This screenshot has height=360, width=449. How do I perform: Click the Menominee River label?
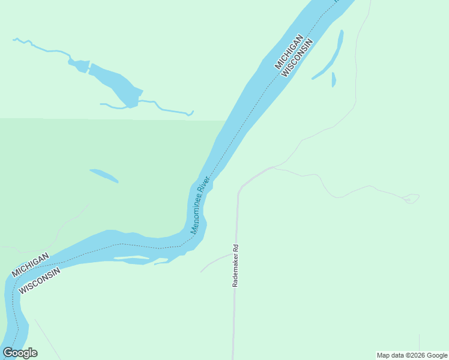tap(200, 205)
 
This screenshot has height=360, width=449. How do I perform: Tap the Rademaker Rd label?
tap(236, 265)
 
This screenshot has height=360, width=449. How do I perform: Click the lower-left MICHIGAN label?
tap(29, 265)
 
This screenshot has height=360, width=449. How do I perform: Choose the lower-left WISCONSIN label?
tap(40, 280)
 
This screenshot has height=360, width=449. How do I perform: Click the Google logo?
tap(20, 353)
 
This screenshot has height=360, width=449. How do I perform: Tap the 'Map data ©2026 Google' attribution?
tap(412, 355)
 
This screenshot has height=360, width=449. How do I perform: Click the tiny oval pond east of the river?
tap(334, 79)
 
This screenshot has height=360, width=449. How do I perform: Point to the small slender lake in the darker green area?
tap(104, 175)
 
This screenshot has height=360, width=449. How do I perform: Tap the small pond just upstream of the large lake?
tap(79, 64)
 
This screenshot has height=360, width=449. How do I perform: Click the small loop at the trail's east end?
tap(411, 199)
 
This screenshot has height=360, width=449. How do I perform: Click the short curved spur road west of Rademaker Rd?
tap(213, 262)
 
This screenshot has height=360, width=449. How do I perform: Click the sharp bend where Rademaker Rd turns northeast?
tap(240, 190)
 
